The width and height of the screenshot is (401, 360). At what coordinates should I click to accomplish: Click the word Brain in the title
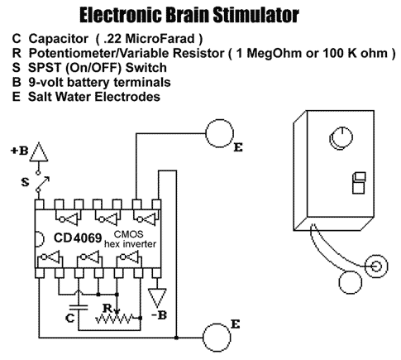188,15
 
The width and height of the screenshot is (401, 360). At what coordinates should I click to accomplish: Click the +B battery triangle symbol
39,152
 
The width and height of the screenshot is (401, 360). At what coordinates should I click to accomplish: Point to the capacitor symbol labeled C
79,307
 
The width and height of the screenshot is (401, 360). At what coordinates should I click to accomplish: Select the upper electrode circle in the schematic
220,133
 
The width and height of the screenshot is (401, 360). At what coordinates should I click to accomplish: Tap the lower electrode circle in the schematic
217,337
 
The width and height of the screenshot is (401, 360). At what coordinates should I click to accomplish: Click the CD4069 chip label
78,238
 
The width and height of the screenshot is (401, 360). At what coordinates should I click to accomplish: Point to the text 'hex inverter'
130,244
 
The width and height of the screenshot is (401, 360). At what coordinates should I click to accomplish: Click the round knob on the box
341,137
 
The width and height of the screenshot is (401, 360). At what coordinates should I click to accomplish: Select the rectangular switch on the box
359,183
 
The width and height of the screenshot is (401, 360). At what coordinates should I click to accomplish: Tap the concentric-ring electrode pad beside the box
376,266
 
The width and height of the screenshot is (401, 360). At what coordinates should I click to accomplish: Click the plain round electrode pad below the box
350,282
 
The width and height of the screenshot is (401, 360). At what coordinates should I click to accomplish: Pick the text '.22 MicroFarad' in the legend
150,39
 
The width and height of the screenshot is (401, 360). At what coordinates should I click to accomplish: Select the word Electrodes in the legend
127,97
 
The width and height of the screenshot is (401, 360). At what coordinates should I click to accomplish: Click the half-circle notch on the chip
41,238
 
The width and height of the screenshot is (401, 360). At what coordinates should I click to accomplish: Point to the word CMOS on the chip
129,234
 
